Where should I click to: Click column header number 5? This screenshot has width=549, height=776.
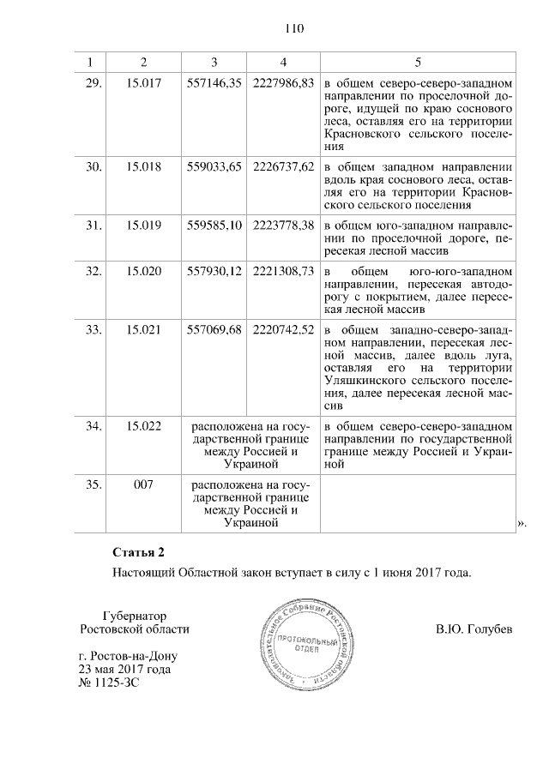point(418,62)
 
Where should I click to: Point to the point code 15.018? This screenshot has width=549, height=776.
point(143,166)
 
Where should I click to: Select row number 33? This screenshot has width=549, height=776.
point(94,330)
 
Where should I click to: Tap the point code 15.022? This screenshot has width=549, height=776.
point(143,425)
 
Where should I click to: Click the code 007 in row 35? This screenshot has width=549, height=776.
point(143,484)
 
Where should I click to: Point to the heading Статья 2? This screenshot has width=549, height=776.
point(136,550)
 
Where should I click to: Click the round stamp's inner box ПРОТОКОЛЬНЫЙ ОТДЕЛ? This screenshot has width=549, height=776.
point(299,643)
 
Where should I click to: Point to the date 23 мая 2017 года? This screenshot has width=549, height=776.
point(124,670)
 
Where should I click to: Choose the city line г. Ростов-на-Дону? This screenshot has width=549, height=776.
point(124,656)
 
